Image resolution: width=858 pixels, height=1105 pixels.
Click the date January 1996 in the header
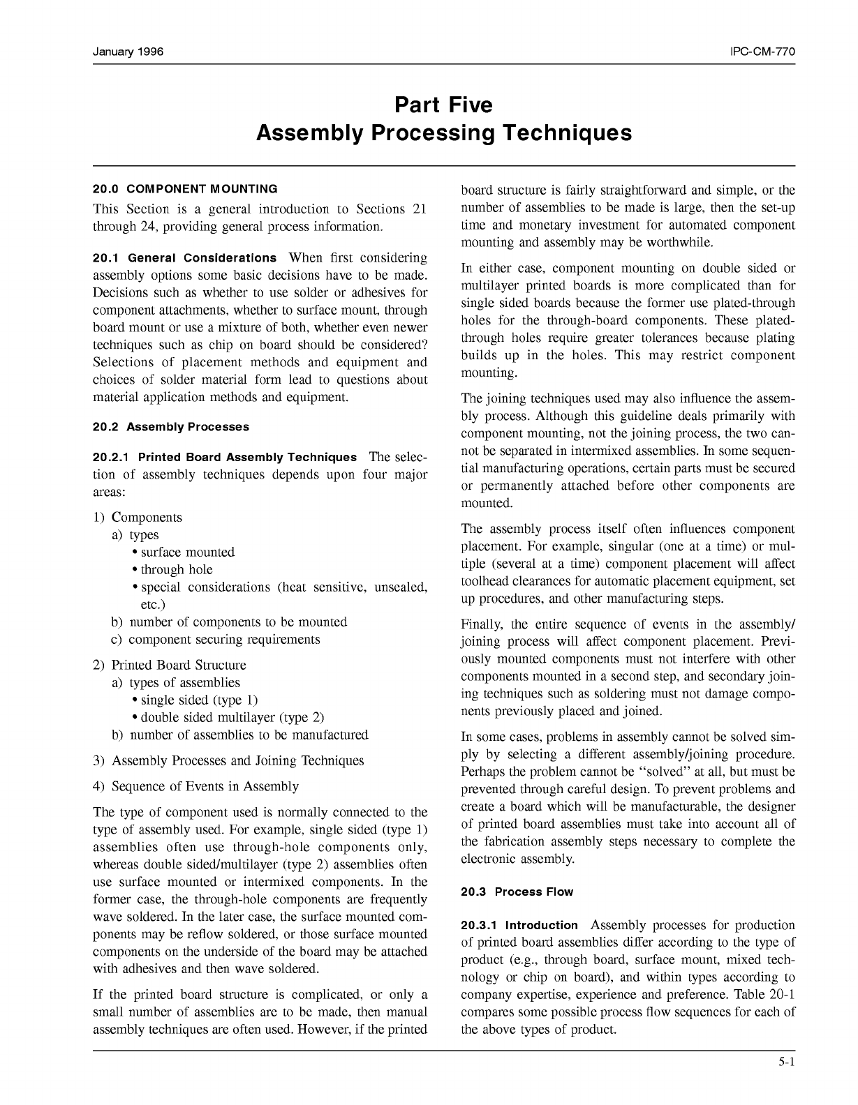(128, 53)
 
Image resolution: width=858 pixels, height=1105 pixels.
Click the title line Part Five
(443, 105)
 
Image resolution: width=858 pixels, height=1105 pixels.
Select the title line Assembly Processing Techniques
(443, 133)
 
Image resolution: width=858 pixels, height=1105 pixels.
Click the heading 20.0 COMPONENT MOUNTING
(185, 189)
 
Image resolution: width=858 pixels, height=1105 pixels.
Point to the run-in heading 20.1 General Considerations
(184, 258)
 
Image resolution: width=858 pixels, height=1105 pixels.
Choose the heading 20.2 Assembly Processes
(170, 427)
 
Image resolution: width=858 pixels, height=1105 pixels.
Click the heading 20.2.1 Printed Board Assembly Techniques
(224, 458)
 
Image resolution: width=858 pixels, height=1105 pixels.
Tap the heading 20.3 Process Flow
(517, 892)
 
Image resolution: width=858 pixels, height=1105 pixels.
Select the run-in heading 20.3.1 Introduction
(519, 926)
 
